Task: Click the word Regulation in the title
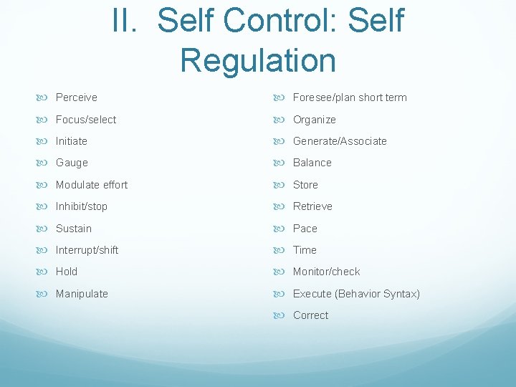click(258, 60)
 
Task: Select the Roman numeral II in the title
click(128, 21)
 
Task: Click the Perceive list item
click(76, 97)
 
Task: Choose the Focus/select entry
click(85, 120)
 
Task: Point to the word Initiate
click(71, 141)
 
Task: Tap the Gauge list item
click(72, 163)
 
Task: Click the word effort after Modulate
click(112, 185)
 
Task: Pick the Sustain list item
click(73, 229)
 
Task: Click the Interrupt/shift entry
click(87, 250)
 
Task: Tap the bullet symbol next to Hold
click(47, 272)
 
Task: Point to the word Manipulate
click(82, 294)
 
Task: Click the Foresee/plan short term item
click(349, 97)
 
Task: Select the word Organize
click(314, 120)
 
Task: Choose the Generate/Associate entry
click(340, 141)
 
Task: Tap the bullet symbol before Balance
click(285, 163)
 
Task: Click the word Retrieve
click(312, 206)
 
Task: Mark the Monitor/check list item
click(326, 272)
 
